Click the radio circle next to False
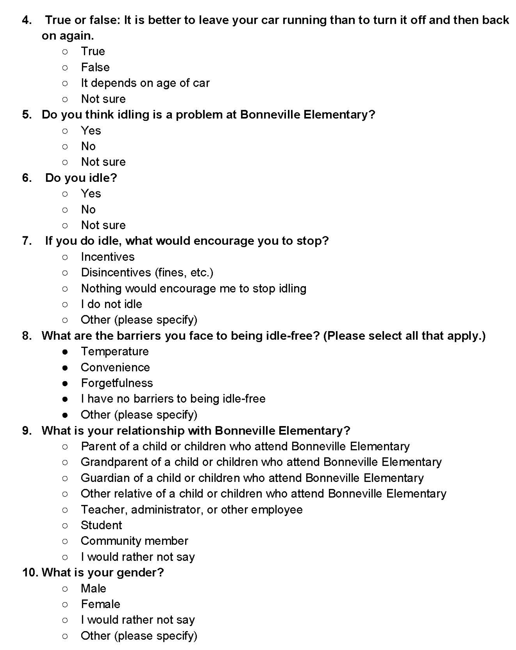pos(65,68)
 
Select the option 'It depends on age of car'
pos(145,83)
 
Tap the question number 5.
pos(27,114)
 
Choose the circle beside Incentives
pos(65,257)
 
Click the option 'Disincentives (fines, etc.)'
pos(147,273)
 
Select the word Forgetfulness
pos(117,383)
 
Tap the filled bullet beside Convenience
pos(65,367)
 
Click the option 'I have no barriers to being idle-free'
pos(173,399)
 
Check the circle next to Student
pos(65,526)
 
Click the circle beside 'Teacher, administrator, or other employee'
pos(65,510)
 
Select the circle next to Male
pos(65,589)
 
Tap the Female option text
pos(100,604)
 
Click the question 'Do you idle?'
pos(81,178)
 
